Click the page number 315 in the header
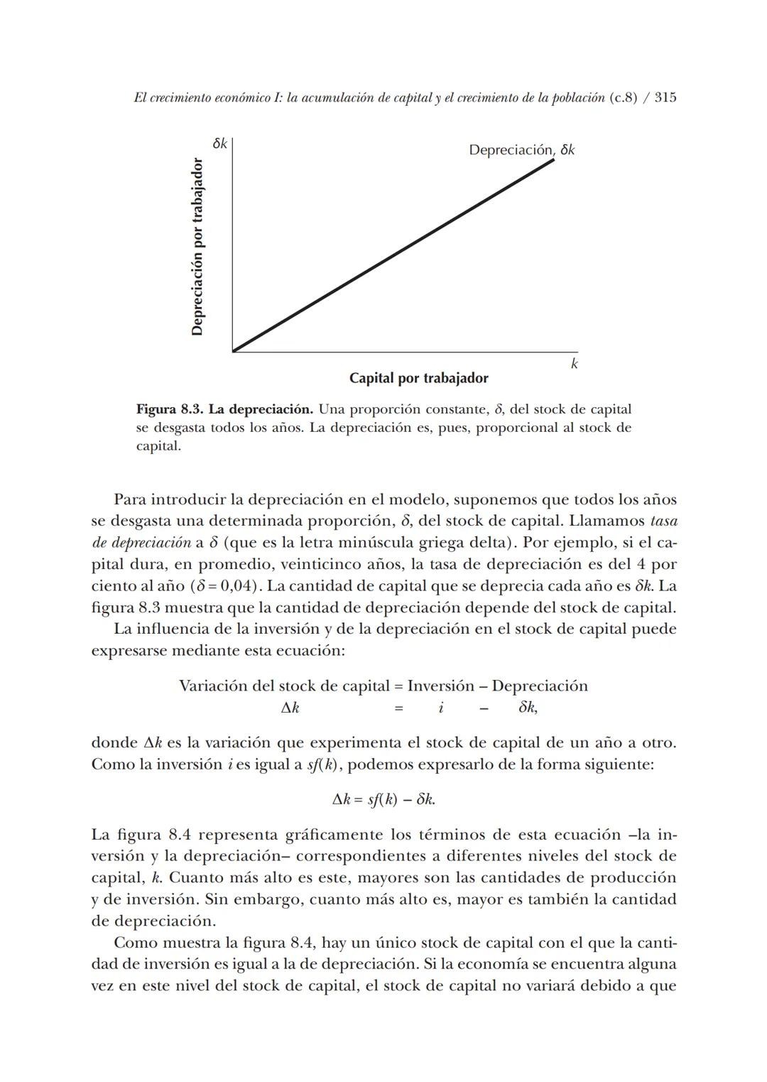(665, 97)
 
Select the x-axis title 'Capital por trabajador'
(418, 378)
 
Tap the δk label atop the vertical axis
(219, 144)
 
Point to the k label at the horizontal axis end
(574, 364)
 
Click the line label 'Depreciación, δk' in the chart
(521, 150)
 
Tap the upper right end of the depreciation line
(553, 161)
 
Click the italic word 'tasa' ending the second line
(663, 521)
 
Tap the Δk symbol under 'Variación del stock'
(290, 708)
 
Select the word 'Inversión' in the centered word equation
(440, 686)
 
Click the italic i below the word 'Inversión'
(440, 708)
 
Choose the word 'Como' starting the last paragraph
(136, 943)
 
